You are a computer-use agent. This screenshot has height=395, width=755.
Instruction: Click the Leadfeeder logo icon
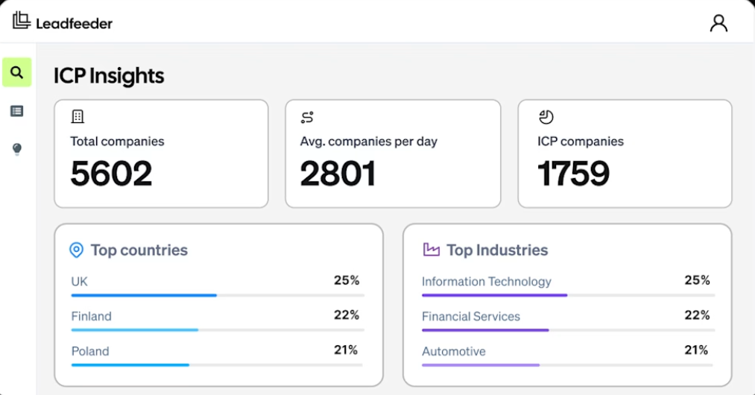click(22, 20)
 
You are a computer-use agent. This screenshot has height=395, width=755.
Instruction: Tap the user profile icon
click(718, 23)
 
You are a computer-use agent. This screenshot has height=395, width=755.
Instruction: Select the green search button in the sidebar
click(17, 72)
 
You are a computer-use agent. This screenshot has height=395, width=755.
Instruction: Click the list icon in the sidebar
click(17, 111)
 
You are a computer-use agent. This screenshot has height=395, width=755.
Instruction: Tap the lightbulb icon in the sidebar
click(17, 149)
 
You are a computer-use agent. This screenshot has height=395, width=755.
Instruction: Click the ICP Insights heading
click(109, 76)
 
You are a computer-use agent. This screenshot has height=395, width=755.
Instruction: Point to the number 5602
click(111, 174)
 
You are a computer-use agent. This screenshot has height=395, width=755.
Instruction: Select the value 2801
click(338, 174)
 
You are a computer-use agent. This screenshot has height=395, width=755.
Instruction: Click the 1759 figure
click(573, 174)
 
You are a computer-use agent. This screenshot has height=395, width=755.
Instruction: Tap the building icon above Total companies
click(78, 116)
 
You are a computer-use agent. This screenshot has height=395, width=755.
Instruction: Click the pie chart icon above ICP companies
click(546, 116)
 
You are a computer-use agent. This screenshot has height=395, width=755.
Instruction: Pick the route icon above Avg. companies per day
click(307, 117)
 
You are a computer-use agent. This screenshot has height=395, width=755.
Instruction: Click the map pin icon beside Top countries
click(77, 250)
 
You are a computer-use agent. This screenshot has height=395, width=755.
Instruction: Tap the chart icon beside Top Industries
click(432, 250)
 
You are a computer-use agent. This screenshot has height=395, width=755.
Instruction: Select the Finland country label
click(92, 317)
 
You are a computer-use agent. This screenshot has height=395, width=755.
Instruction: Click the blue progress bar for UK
click(144, 295)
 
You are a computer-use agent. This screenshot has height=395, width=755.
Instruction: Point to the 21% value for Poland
click(346, 350)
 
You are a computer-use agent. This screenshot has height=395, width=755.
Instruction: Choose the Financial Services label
click(471, 317)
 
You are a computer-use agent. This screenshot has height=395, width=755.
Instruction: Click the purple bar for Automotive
click(481, 365)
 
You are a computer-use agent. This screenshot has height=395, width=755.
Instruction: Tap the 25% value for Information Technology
click(697, 280)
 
